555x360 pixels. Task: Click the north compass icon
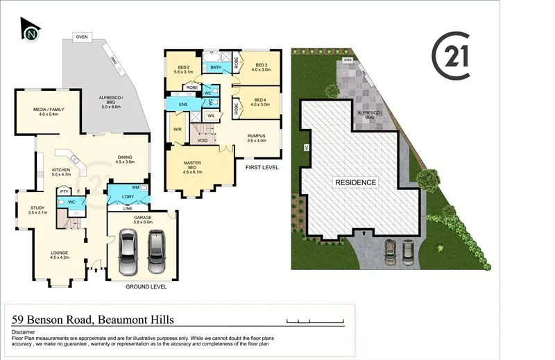31,33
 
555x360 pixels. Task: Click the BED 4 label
261,101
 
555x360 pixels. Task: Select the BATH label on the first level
216,67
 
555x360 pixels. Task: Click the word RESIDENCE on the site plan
356,183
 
